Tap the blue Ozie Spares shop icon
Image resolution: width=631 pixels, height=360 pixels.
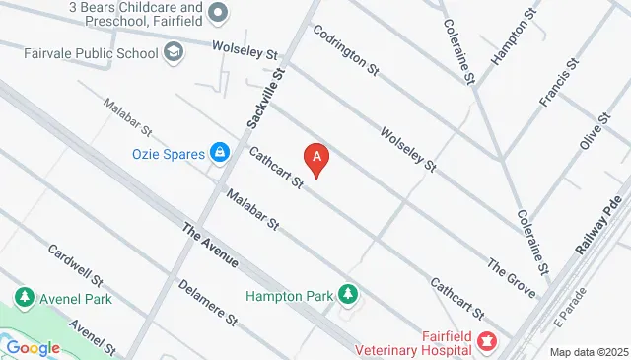220,154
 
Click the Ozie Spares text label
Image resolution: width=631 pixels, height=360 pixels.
169,154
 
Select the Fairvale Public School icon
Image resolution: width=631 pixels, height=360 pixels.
174,51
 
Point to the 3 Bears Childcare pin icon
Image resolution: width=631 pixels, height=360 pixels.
219,12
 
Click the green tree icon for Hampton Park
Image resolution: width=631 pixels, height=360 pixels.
347,293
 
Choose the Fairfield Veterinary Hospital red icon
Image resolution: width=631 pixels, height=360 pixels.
486,342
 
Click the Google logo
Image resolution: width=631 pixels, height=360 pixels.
34,347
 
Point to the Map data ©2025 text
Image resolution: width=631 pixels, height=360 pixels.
589,352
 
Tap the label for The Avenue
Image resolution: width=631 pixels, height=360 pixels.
210,246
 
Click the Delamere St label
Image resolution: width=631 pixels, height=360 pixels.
209,302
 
